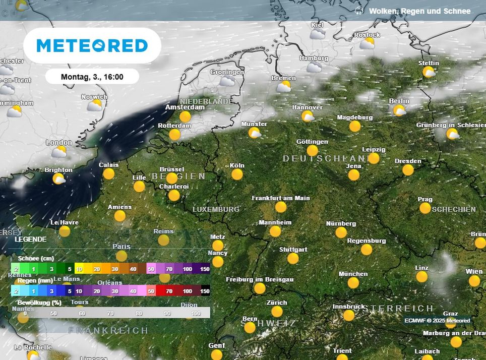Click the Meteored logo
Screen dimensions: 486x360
tap(92, 46)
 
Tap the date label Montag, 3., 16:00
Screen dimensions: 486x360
tap(92, 77)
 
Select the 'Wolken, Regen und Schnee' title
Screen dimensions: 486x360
tap(419, 11)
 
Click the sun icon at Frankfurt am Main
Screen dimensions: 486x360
tap(281, 207)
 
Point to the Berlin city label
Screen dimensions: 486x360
tap(399, 101)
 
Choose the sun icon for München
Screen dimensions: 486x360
tap(353, 283)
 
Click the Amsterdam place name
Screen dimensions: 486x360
tap(186, 107)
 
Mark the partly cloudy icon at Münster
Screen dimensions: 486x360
tap(255, 133)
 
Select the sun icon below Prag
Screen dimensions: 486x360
tap(425, 208)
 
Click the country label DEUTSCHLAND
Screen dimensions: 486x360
tap(323, 159)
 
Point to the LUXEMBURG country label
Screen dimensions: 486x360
tap(216, 209)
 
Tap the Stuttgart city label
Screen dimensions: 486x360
tap(293, 250)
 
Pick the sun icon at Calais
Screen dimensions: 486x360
tap(109, 174)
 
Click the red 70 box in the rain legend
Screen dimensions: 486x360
tap(169, 291)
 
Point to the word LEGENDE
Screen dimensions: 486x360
tap(30, 239)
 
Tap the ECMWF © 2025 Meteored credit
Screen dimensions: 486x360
tap(437, 320)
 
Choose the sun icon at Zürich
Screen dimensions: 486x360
tap(277, 312)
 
